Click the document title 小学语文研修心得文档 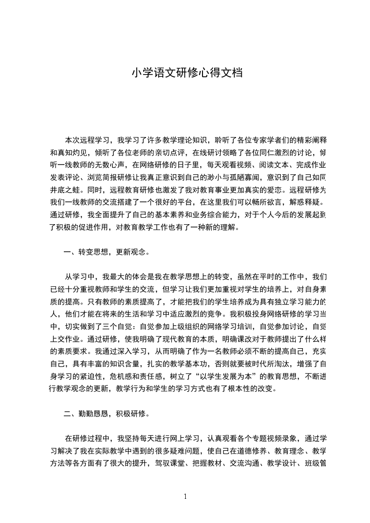click(186, 73)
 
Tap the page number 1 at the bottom click(185, 496)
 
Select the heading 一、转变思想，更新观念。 click(106, 252)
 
